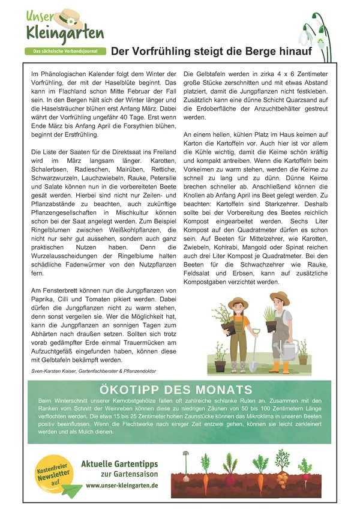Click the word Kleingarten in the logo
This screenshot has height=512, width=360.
pyautogui.click(x=64, y=33)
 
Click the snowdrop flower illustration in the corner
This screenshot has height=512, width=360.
pyautogui.click(x=314, y=33)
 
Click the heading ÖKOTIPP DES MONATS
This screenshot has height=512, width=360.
pyautogui.click(x=169, y=390)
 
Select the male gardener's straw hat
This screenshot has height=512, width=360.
pyautogui.click(x=279, y=297)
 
